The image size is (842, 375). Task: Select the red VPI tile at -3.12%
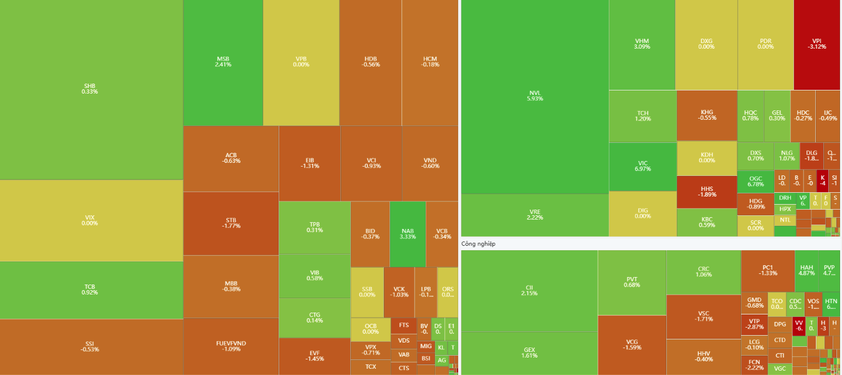click(x=816, y=44)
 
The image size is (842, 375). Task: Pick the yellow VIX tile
click(x=90, y=220)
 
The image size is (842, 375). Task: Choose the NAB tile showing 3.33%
click(x=408, y=234)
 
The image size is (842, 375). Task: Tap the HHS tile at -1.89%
click(x=707, y=191)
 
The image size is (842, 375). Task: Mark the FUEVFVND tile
click(x=231, y=346)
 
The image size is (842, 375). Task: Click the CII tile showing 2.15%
click(x=529, y=291)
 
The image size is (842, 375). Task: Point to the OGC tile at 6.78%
click(x=755, y=182)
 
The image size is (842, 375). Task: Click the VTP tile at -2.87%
click(x=754, y=324)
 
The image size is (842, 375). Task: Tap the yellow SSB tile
click(x=367, y=292)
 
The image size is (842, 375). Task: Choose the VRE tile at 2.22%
click(x=534, y=215)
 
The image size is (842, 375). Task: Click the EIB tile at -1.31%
click(x=309, y=163)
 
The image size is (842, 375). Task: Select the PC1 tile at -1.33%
click(x=767, y=270)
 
